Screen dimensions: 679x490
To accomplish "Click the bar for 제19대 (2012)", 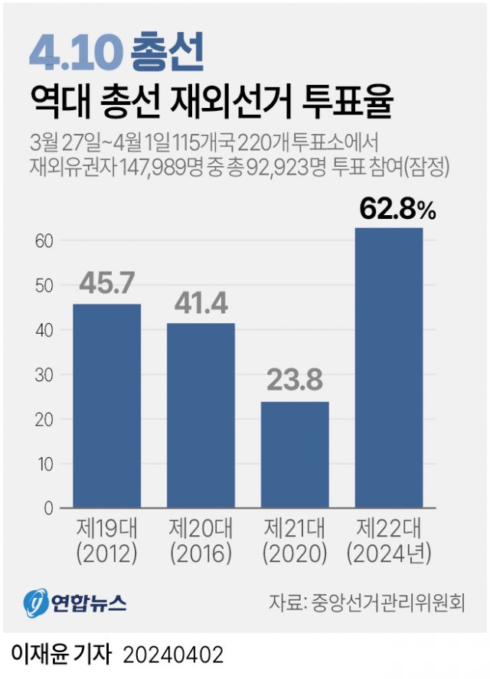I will click(x=107, y=406).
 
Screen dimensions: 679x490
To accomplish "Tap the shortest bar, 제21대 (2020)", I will click(x=295, y=455).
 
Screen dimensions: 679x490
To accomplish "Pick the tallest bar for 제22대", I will click(x=389, y=367).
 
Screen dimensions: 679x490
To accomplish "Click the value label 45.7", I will click(x=106, y=284).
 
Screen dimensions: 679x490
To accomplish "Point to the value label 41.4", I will click(x=201, y=303).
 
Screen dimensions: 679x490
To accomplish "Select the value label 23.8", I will click(x=295, y=381).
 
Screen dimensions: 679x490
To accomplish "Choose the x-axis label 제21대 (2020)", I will click(x=296, y=540).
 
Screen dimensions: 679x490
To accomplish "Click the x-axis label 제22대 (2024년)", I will click(x=389, y=540).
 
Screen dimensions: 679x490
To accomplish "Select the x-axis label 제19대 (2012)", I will click(x=107, y=540).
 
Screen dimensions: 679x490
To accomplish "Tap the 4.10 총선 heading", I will click(x=116, y=52).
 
